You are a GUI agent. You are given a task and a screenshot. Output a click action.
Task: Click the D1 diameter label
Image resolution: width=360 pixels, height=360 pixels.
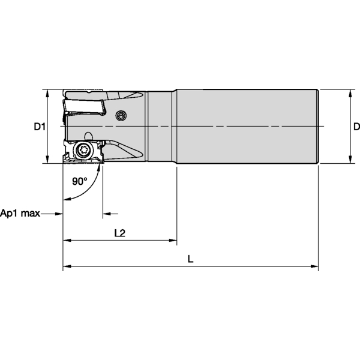[39, 127]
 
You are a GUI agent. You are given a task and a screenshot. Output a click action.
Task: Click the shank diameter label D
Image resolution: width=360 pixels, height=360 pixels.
[356, 127]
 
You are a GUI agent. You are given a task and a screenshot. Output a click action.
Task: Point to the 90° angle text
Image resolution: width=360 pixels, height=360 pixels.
[80, 181]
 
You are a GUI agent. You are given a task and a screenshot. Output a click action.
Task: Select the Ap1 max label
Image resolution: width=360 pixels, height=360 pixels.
[20, 214]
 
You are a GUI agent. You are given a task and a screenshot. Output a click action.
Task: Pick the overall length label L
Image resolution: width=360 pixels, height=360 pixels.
[190, 259]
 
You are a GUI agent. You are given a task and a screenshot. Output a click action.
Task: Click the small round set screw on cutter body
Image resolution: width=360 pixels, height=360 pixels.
[122, 115]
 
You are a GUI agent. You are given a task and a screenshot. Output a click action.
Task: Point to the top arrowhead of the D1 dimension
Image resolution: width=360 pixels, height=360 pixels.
[46, 94]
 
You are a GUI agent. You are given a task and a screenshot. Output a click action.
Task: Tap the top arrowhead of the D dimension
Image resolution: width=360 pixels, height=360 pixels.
[349, 94]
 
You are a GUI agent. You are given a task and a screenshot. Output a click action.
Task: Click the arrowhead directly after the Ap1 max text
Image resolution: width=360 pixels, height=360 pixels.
[59, 214]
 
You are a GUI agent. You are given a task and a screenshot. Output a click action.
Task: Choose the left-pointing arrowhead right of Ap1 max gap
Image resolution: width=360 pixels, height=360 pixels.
[106, 214]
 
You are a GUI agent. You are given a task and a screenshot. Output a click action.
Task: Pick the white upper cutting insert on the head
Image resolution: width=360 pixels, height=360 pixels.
[84, 107]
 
